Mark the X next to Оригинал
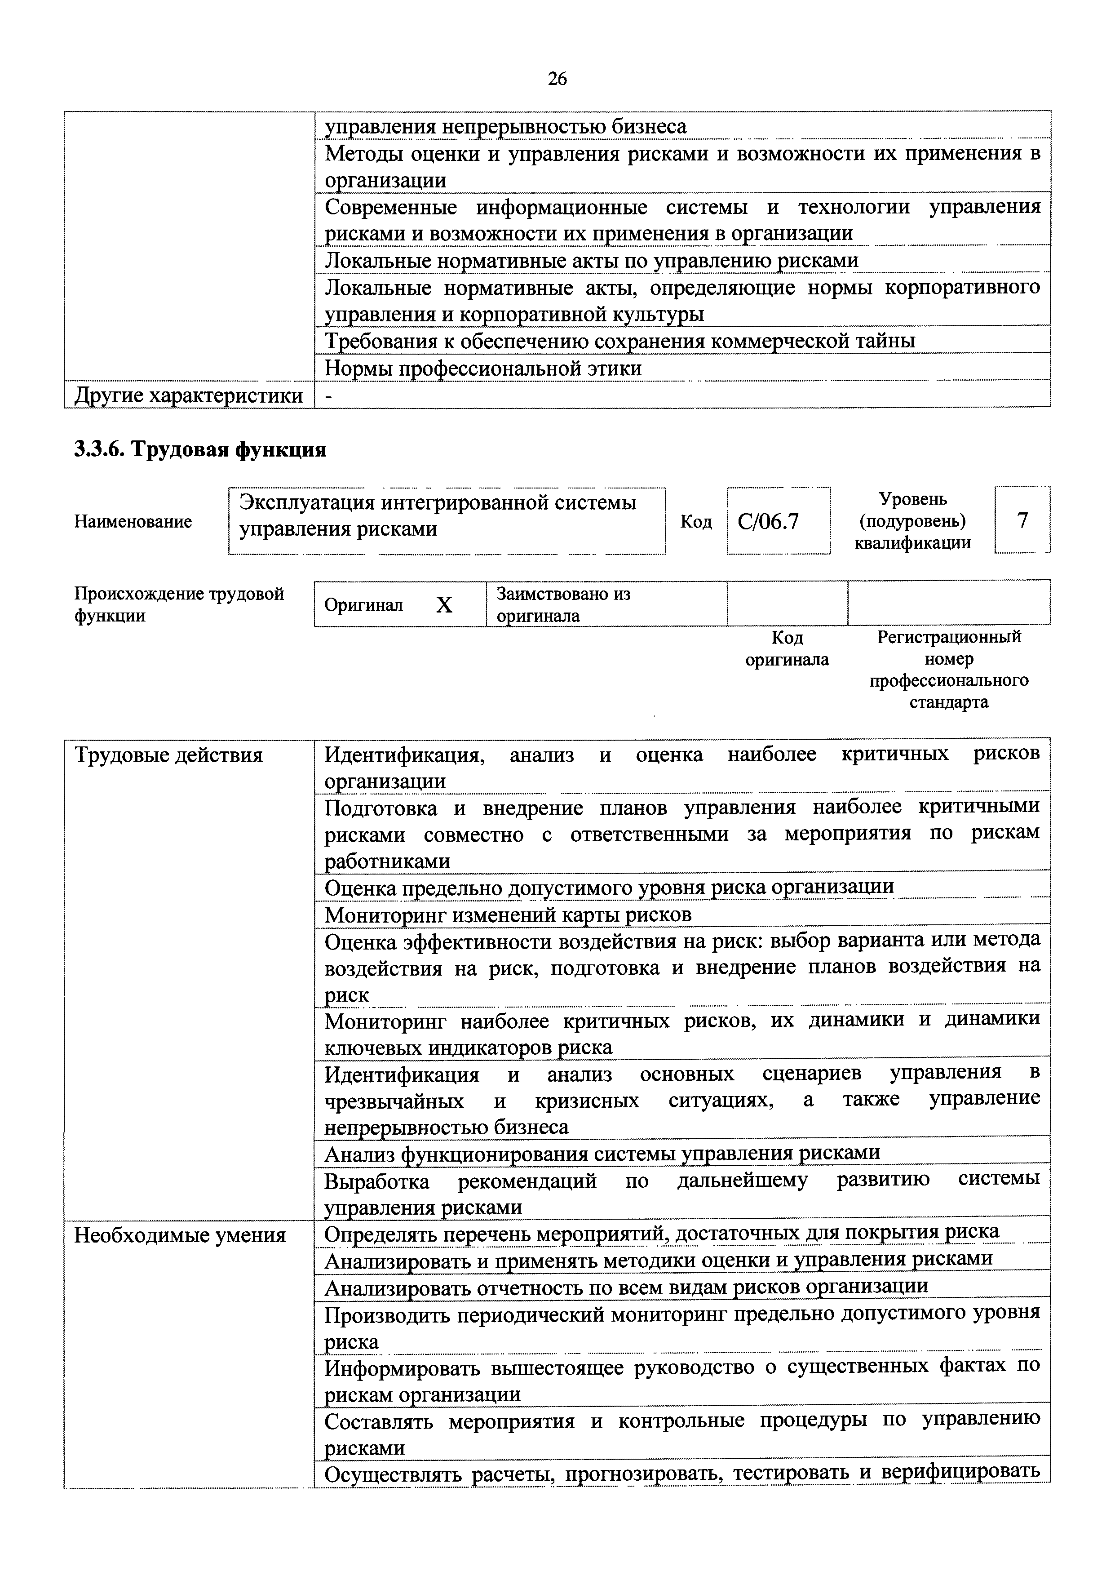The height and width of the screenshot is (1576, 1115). pyautogui.click(x=444, y=605)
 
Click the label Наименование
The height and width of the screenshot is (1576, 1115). pyautogui.click(x=133, y=521)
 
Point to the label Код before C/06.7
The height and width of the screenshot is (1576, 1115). pyautogui.click(x=695, y=522)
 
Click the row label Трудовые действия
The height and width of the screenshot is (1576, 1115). pyautogui.click(x=168, y=755)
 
